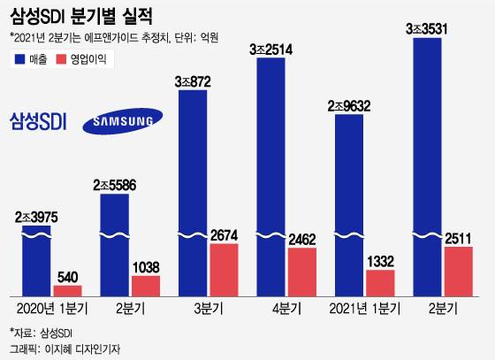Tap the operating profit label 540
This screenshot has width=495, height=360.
tap(68, 277)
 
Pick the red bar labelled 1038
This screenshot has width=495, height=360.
tap(146, 286)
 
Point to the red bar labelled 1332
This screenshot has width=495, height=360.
tap(381, 283)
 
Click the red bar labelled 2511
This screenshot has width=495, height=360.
tap(459, 272)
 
